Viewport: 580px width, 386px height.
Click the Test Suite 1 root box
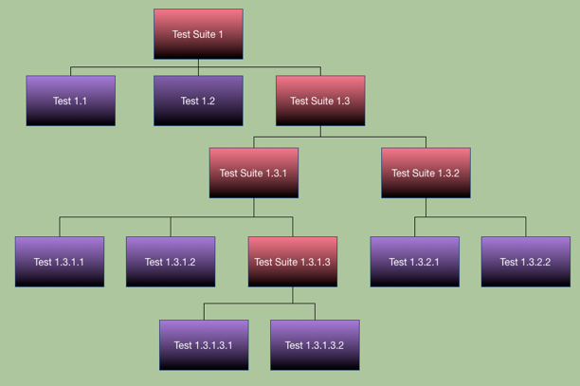(x=198, y=34)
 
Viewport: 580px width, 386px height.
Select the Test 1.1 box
(x=71, y=101)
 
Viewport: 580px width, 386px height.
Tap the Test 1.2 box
(x=198, y=101)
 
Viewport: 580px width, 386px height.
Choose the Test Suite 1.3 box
(x=320, y=101)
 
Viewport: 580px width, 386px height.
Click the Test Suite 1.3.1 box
(x=254, y=173)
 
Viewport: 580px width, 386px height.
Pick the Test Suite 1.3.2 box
(x=426, y=173)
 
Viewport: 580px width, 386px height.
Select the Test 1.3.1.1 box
(x=60, y=262)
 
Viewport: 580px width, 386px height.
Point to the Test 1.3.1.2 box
(x=171, y=262)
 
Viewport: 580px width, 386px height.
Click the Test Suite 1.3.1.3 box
(x=293, y=262)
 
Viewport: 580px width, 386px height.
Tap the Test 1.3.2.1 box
(x=415, y=262)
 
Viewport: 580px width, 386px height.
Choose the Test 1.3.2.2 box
(x=526, y=262)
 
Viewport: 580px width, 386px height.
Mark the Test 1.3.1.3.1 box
(x=204, y=345)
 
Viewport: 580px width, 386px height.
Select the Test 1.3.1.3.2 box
(x=315, y=345)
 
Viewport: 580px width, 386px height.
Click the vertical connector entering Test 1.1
(x=71, y=71)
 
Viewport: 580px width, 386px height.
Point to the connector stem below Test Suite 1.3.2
(x=426, y=208)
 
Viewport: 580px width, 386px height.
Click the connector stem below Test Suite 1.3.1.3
(x=293, y=295)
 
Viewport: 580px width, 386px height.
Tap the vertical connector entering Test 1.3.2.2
(x=526, y=227)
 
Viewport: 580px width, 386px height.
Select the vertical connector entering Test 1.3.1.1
(x=60, y=227)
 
